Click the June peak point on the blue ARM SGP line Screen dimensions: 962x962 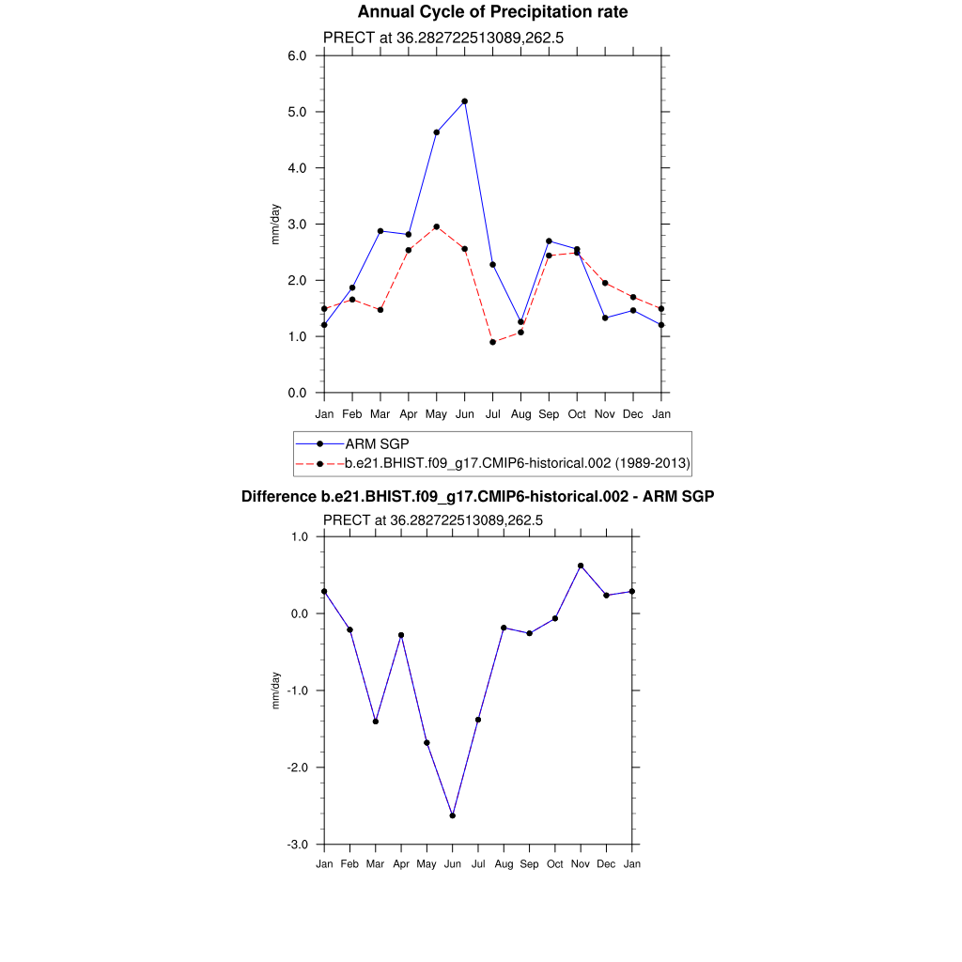pyautogui.click(x=464, y=101)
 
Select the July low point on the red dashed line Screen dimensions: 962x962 pyautogui.click(x=492, y=342)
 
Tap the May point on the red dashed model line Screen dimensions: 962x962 pyautogui.click(x=436, y=226)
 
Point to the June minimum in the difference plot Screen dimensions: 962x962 pyautogui.click(x=453, y=815)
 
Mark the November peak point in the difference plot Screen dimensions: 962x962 pyautogui.click(x=581, y=566)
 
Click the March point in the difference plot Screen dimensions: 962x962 pyautogui.click(x=376, y=721)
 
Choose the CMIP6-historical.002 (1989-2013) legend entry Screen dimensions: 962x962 pyautogui.click(x=518, y=463)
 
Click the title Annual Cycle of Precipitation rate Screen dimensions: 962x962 pyautogui.click(x=492, y=12)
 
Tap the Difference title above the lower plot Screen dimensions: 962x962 pyautogui.click(x=478, y=496)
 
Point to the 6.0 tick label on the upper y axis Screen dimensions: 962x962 pyautogui.click(x=298, y=55)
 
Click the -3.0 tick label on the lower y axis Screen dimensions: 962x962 pyautogui.click(x=296, y=845)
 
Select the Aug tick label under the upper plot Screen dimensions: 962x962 pyautogui.click(x=520, y=414)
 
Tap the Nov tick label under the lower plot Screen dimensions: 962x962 pyautogui.click(x=581, y=864)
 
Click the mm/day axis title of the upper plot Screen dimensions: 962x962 pyautogui.click(x=276, y=224)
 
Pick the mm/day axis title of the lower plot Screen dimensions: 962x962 pyautogui.click(x=276, y=690)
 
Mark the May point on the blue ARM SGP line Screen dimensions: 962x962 pyautogui.click(x=436, y=132)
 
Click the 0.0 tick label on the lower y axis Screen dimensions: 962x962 pyautogui.click(x=298, y=613)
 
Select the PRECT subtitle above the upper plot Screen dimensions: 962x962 pyautogui.click(x=442, y=38)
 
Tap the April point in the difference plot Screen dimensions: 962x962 pyautogui.click(x=401, y=635)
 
